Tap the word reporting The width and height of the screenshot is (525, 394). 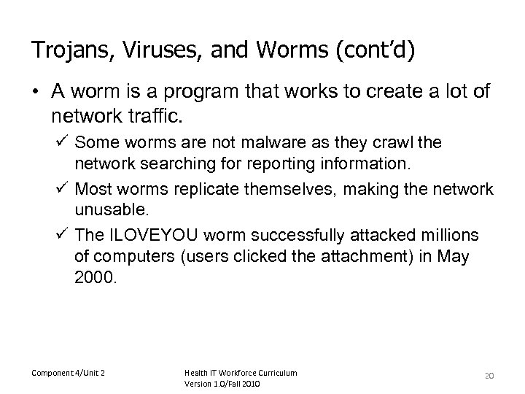233,160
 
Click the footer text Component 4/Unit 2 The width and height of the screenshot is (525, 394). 68,374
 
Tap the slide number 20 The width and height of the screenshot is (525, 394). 489,375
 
